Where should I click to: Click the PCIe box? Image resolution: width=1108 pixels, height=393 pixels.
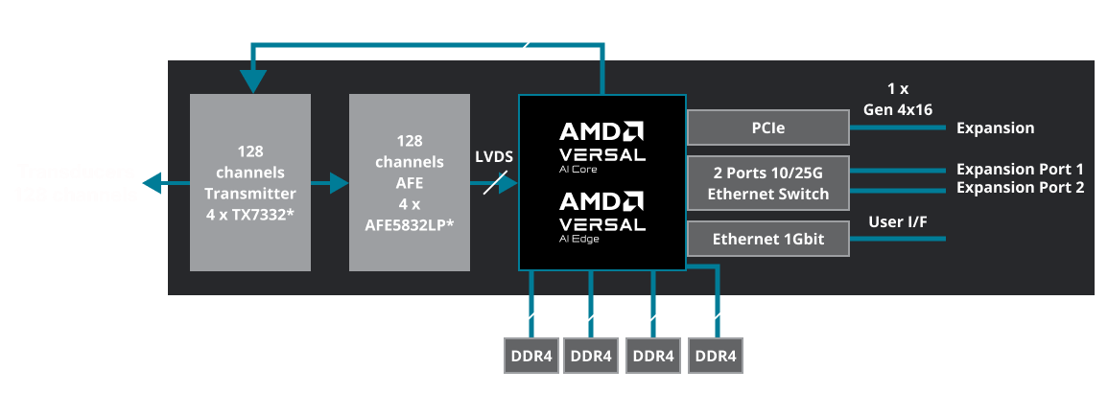(x=768, y=128)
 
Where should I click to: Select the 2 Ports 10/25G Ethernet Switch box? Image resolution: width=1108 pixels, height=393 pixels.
(x=768, y=182)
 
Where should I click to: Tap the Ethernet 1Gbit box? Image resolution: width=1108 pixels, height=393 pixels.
(x=768, y=239)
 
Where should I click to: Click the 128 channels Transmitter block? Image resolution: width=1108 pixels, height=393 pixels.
(x=250, y=182)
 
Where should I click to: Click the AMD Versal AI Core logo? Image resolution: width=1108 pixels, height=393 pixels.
(x=602, y=142)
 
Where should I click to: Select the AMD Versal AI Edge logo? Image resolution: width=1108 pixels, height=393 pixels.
(x=602, y=213)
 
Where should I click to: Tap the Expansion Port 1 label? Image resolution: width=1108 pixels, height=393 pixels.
(x=1020, y=169)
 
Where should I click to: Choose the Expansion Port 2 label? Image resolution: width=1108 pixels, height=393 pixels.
(x=1020, y=187)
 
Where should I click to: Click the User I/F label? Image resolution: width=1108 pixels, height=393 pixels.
(x=898, y=222)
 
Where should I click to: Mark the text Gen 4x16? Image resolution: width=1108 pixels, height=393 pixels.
(x=898, y=109)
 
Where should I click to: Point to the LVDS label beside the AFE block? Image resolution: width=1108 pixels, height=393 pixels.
(x=494, y=156)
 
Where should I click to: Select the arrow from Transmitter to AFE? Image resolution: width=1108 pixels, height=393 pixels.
(x=330, y=182)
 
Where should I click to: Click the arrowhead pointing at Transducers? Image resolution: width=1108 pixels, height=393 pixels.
(x=149, y=182)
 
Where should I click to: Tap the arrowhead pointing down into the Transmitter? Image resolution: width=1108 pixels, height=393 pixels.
(x=252, y=82)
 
